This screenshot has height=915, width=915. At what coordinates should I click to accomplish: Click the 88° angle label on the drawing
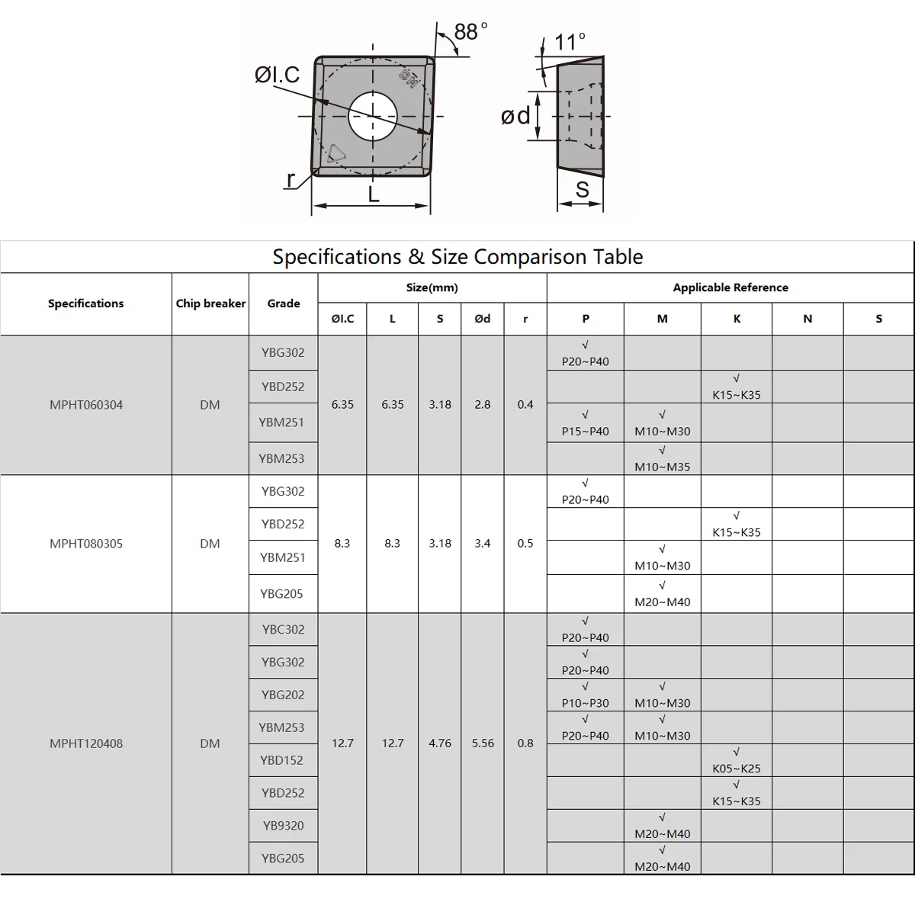[470, 31]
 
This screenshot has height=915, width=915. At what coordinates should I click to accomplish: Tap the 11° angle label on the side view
[570, 41]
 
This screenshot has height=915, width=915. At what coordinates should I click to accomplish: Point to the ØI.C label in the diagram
[277, 75]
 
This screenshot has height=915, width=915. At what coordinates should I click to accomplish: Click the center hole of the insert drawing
[373, 116]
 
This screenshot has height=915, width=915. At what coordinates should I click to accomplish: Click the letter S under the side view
[583, 190]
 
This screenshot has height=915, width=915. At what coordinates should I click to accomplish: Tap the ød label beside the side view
[515, 116]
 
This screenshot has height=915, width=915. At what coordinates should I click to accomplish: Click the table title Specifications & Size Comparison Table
[457, 257]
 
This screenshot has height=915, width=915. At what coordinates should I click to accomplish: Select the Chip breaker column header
[210, 303]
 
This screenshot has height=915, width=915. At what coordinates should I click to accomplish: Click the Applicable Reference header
[730, 287]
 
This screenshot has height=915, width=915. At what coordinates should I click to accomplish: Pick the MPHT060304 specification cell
[86, 405]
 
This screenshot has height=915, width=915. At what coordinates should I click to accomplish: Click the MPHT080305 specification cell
[86, 544]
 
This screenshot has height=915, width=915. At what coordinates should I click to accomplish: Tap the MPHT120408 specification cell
[86, 743]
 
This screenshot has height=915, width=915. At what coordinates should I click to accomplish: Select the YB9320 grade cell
[283, 825]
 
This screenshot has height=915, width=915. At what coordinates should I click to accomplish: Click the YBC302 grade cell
[283, 629]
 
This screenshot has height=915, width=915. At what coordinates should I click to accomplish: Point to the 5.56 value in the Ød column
[483, 743]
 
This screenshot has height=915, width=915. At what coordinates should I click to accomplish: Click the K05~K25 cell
[737, 761]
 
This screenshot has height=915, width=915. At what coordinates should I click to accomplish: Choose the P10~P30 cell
[586, 695]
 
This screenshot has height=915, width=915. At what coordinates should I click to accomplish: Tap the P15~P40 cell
[586, 423]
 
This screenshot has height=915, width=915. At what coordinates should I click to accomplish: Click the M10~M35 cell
[662, 459]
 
